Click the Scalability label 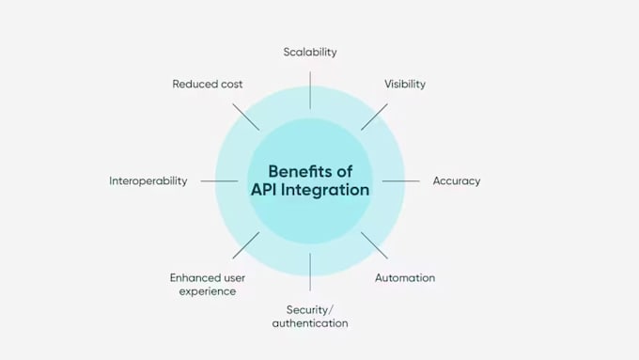pos(310,53)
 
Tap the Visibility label pos(405,84)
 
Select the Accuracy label pos(457,180)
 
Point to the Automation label pos(405,277)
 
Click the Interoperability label pos(148,180)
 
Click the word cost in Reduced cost pos(231,85)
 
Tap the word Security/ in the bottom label pos(310,310)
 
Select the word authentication pos(310,323)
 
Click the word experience pos(208,291)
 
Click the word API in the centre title pos(264,190)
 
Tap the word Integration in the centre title pos(325,190)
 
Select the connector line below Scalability pos(310,90)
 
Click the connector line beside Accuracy pos(401,181)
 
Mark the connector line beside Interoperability pos(219,181)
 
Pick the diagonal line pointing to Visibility pos(374,117)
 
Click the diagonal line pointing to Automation pos(374,245)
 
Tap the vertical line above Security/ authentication pos(310,272)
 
